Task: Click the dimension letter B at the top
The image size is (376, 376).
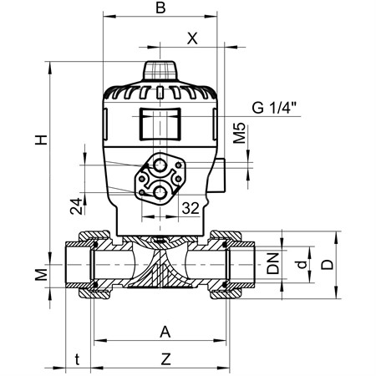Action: pos(160,8)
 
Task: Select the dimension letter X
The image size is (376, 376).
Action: pos(192,38)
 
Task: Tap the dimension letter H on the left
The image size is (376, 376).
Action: pos(41,140)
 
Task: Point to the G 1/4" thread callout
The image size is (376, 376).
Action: pos(274,108)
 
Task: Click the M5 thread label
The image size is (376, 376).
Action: pos(239,133)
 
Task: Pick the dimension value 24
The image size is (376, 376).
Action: pos(76,206)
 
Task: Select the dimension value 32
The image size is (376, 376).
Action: pos(191,208)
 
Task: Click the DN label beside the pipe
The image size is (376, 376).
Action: pos(273,263)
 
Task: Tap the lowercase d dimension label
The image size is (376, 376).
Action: pos(302,264)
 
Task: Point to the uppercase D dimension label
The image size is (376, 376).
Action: pos(327,264)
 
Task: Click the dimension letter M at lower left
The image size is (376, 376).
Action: pos(41,275)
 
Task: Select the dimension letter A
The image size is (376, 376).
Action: pos(165,332)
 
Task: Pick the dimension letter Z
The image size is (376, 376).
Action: pos(166,359)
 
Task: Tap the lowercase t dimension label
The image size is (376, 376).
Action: pos(77,359)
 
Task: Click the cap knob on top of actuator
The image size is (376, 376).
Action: pos(160,71)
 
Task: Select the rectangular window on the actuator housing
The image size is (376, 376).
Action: pos(160,124)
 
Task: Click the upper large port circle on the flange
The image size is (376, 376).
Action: pos(160,165)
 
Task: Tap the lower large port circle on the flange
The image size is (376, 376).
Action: pos(160,192)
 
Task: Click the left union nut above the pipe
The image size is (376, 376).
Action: pos(94,236)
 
